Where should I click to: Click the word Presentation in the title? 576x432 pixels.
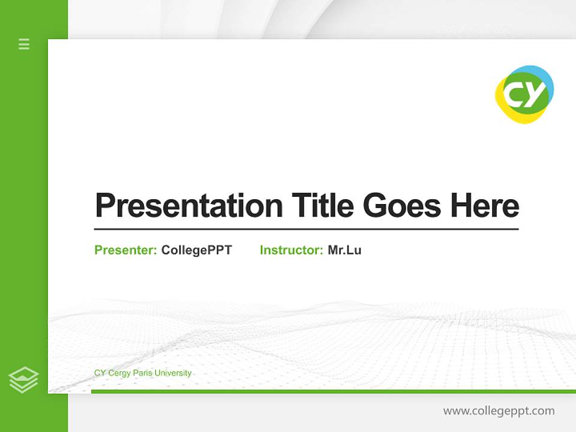point(188,206)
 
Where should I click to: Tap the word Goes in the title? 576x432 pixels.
point(402,206)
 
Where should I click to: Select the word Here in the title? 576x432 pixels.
point(484,206)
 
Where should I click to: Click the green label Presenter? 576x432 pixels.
point(125,250)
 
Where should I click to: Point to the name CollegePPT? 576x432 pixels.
point(196,250)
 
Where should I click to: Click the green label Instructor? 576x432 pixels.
point(291,250)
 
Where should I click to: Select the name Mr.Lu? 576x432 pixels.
point(344,250)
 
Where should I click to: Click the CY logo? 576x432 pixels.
point(524,95)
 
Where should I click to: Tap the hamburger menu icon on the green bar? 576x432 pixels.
point(24,44)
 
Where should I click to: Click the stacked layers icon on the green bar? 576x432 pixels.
point(23,380)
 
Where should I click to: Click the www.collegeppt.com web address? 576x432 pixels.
point(499,411)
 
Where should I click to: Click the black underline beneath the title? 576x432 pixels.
point(306,229)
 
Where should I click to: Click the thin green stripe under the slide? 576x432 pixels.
point(333,391)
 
